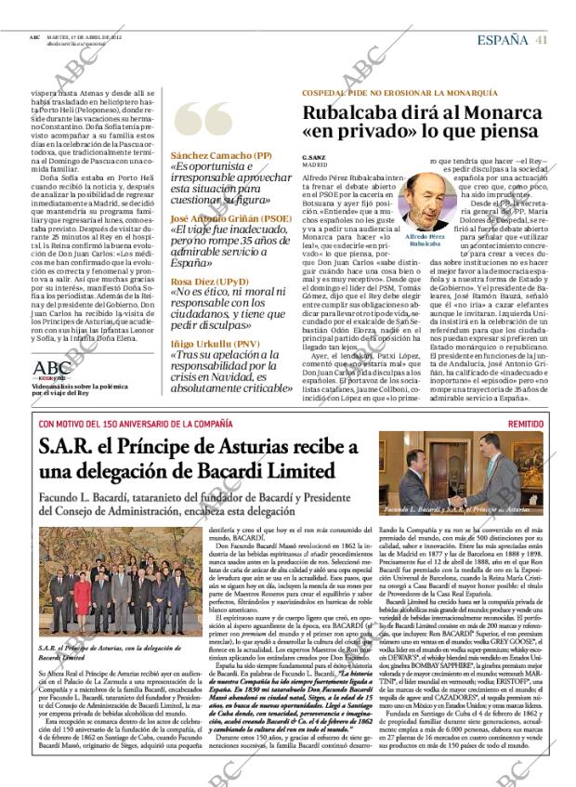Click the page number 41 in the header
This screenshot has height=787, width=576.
pos(541,38)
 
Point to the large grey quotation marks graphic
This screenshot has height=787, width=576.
pos(203,121)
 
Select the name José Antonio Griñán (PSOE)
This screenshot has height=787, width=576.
pos(230,218)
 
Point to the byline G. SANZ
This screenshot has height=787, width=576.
pos(313,157)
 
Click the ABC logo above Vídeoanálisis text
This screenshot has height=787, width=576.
pos(52,367)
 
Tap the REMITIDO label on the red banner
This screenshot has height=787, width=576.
pos(526,423)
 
